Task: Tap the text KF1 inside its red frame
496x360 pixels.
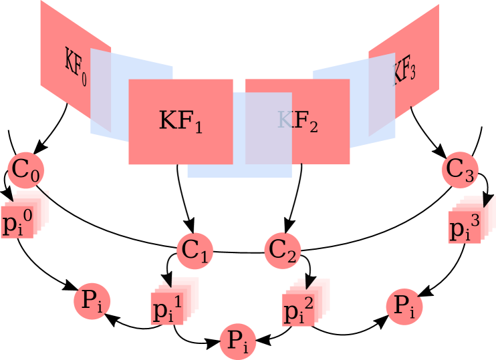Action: coord(180,121)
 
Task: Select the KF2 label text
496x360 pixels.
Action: coord(297,121)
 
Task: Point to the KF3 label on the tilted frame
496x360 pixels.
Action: coord(404,69)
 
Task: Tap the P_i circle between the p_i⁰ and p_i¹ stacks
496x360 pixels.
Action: coord(92,301)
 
